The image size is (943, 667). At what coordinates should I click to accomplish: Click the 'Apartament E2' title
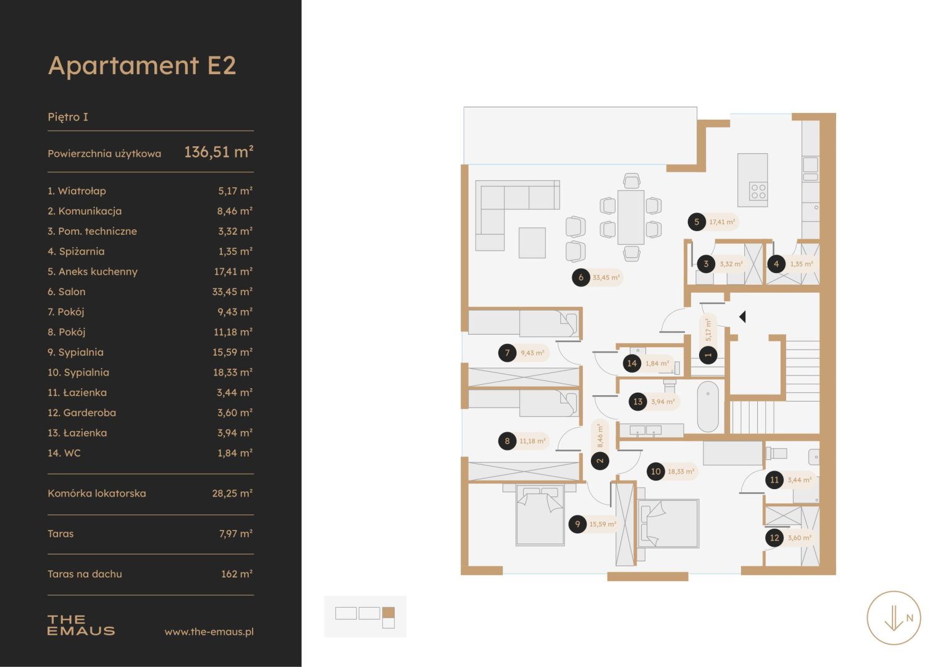click(142, 66)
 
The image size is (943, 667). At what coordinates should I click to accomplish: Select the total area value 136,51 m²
click(219, 152)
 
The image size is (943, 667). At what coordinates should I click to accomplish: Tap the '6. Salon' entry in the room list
click(67, 292)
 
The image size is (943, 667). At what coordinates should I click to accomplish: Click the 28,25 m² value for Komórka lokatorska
click(232, 493)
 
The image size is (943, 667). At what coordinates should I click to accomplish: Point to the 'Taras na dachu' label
click(85, 574)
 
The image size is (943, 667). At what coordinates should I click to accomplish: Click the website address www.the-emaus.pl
click(209, 632)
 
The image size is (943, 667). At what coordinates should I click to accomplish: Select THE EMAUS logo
click(81, 625)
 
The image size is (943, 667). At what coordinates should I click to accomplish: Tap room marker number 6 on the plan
click(581, 277)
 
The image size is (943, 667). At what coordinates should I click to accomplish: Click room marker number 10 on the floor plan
click(656, 472)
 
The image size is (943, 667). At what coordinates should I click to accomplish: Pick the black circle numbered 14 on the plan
click(632, 363)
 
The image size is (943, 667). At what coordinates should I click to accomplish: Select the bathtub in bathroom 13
click(708, 407)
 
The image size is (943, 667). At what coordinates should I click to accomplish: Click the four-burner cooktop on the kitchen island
click(758, 191)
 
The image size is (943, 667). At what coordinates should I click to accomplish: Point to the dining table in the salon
click(631, 217)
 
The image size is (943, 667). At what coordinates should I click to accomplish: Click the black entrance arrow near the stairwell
click(743, 317)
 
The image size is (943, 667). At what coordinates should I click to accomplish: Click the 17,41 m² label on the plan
click(722, 222)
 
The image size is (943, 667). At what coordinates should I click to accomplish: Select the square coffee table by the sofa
click(532, 243)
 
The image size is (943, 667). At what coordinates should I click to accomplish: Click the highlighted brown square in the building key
click(388, 613)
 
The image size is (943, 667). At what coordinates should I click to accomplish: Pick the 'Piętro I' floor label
click(68, 117)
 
